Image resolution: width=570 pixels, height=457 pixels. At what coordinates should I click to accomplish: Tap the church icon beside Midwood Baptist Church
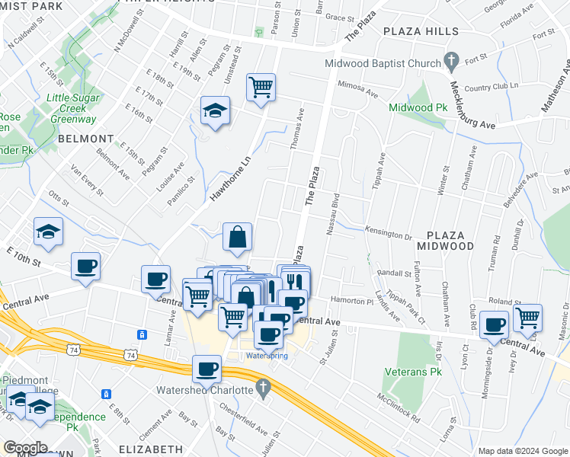tap(450, 59)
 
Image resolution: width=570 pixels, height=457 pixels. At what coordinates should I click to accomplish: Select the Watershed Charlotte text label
tap(205, 390)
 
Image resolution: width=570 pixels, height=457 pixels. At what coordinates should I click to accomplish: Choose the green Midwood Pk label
tap(418, 108)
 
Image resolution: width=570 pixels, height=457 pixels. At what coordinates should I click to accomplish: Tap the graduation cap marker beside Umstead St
tap(215, 111)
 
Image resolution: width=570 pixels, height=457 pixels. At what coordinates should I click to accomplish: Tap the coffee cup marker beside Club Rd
tap(494, 324)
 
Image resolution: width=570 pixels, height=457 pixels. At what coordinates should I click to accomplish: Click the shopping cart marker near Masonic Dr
tap(527, 318)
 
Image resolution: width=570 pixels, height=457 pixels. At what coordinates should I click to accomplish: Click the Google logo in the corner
tap(25, 447)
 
